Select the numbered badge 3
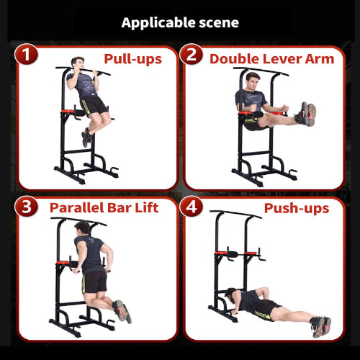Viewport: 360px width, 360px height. pos(27,208)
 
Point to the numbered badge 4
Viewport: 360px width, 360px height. pos(192,208)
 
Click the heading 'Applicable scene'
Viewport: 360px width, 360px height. pos(180,22)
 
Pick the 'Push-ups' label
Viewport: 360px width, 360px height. pos(296,208)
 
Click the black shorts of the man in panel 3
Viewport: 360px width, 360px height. pos(95,281)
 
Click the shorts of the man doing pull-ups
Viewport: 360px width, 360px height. pos(95,108)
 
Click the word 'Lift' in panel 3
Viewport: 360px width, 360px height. pos(144,207)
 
